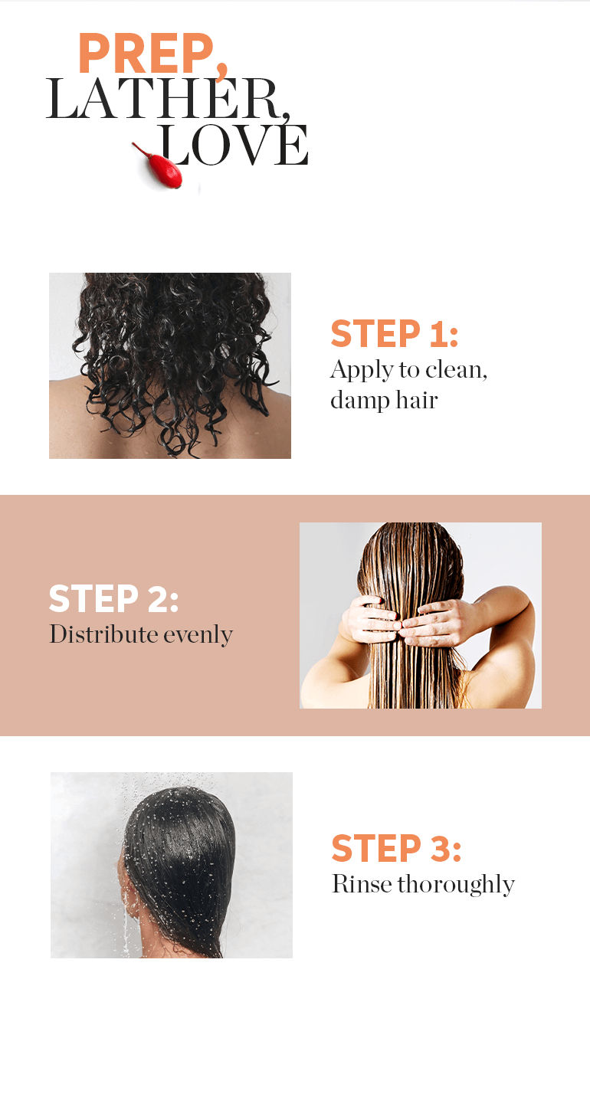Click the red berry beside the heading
click(161, 166)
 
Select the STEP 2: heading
click(113, 598)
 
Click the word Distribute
click(103, 634)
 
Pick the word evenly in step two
click(198, 635)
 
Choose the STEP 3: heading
click(396, 848)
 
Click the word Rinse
click(362, 885)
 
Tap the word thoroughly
click(456, 885)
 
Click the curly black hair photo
click(170, 365)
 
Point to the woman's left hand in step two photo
click(372, 620)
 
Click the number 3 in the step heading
click(440, 848)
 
